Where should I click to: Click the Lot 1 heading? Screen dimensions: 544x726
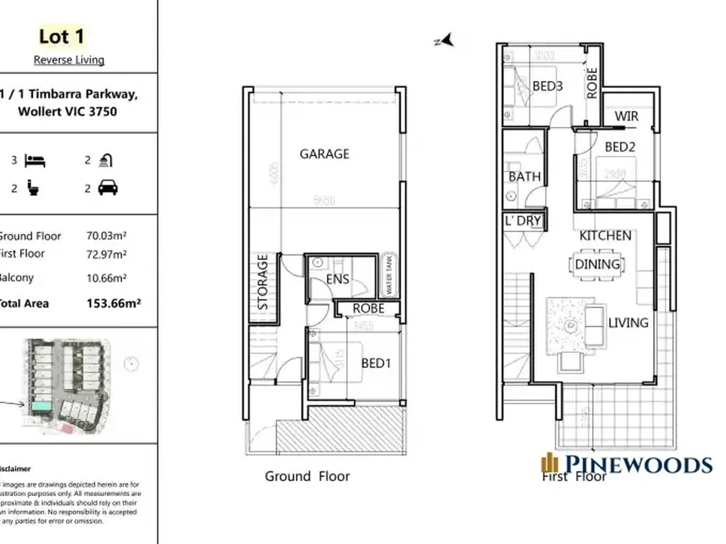click(62, 37)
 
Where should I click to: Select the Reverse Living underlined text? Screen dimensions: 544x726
click(69, 60)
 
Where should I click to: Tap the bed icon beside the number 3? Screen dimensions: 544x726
click(35, 161)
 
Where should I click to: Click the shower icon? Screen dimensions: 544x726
click(105, 160)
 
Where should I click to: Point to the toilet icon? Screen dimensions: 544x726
click(33, 188)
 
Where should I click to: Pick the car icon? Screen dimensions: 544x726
click(108, 188)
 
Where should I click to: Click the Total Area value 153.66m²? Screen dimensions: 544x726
click(113, 303)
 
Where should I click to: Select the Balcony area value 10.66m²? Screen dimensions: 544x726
click(106, 278)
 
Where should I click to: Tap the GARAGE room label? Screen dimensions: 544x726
click(324, 154)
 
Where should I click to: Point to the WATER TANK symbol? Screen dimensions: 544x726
click(389, 275)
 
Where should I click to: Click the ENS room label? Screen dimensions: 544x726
click(337, 279)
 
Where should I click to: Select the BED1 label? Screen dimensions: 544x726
click(376, 363)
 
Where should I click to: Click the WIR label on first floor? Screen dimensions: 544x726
click(626, 116)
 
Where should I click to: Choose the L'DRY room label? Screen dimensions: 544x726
click(523, 221)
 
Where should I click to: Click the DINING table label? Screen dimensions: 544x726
click(597, 264)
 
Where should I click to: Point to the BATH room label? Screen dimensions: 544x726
click(524, 177)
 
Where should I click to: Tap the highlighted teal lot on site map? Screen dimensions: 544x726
click(41, 406)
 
